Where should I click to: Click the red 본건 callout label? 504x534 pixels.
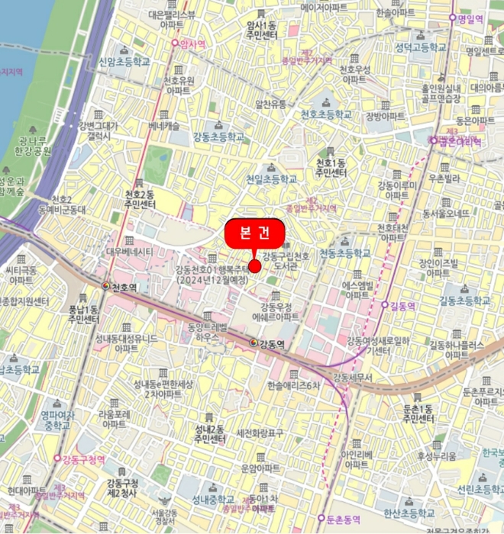(x=254, y=233)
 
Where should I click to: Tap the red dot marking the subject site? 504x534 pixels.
(x=254, y=265)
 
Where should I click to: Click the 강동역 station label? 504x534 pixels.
(x=271, y=344)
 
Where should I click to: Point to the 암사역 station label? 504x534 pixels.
(x=191, y=44)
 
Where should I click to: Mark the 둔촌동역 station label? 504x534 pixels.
(x=342, y=519)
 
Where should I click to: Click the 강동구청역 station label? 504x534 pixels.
(x=83, y=458)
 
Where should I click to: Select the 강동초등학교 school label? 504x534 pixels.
(x=219, y=137)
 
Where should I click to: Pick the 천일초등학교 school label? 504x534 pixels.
(x=271, y=179)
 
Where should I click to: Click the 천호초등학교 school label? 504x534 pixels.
(x=326, y=114)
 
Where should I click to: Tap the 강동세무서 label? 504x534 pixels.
(x=351, y=378)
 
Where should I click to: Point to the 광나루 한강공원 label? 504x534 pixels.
(x=35, y=146)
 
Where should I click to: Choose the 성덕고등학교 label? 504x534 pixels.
(x=420, y=47)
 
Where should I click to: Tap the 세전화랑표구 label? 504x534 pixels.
(x=260, y=433)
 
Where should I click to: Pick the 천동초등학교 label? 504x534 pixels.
(x=344, y=253)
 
